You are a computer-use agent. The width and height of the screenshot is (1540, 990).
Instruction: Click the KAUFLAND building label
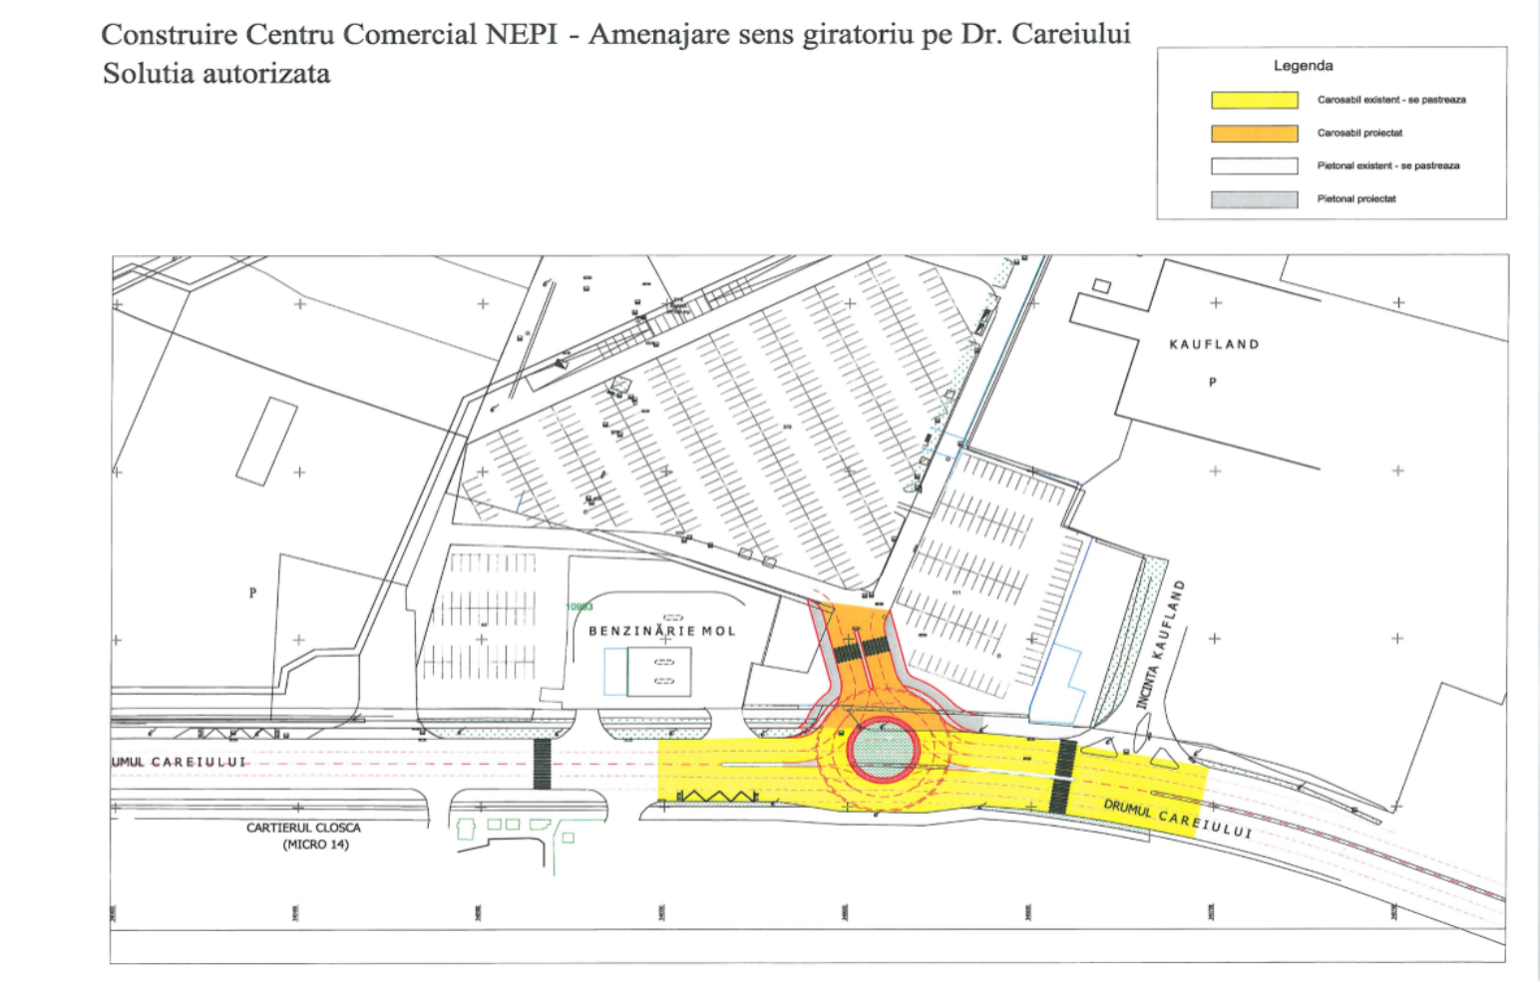(1214, 344)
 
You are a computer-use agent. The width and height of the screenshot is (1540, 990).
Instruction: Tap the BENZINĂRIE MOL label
(661, 631)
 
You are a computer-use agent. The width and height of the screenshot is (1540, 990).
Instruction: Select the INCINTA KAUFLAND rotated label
(1161, 644)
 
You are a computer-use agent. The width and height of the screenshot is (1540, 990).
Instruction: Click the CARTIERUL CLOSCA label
(303, 827)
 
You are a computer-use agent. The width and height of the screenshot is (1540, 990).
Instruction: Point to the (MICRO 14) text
(315, 844)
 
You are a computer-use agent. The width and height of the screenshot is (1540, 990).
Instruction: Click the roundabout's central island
(883, 748)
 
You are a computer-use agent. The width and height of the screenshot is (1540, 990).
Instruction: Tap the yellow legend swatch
(1254, 100)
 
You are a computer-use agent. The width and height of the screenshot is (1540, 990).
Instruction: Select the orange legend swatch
(1254, 133)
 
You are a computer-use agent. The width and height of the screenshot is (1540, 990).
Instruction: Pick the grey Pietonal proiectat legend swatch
(1254, 199)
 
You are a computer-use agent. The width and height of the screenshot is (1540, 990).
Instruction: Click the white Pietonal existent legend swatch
(1254, 166)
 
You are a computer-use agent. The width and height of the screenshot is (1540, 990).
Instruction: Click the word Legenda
(1303, 66)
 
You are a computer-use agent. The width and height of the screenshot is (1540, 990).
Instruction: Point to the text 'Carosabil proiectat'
(1359, 133)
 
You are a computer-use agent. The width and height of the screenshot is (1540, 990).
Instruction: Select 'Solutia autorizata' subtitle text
(216, 74)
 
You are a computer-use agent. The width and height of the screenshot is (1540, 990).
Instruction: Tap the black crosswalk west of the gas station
(542, 764)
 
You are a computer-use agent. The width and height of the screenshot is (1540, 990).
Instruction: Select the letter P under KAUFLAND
(1213, 382)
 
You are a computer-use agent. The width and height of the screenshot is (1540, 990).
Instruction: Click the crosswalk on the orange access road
(861, 649)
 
